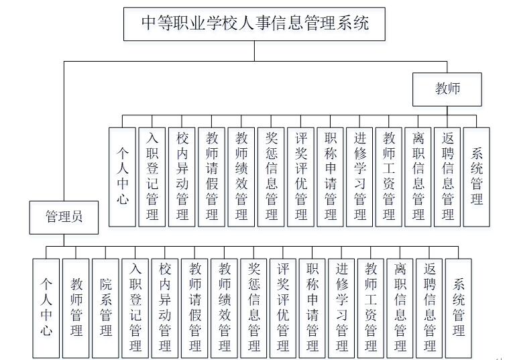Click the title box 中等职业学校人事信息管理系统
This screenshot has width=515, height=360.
pyautogui.click(x=255, y=25)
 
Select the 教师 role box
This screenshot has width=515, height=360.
pyautogui.click(x=447, y=88)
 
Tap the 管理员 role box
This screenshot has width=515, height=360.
pyautogui.click(x=64, y=217)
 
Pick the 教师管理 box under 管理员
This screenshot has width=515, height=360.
pyautogui.click(x=76, y=306)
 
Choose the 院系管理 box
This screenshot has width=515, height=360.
pyautogui.click(x=106, y=306)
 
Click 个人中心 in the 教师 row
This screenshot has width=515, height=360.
pyautogui.click(x=122, y=176)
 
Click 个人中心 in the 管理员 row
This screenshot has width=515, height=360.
pyautogui.click(x=46, y=306)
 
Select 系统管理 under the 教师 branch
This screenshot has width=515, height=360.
pyautogui.click(x=477, y=176)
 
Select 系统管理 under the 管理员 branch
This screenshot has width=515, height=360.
pyautogui.click(x=459, y=306)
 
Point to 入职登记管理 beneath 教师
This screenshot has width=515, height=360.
pyautogui.click(x=152, y=176)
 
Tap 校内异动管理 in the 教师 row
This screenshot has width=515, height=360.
pyautogui.click(x=182, y=176)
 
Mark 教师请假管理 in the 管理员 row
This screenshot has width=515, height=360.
pyautogui.click(x=195, y=306)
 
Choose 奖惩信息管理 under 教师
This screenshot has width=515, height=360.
pyautogui.click(x=271, y=176)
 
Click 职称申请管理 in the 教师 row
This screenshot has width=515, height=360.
pyautogui.click(x=330, y=176)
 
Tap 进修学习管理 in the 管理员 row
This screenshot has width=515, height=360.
pyautogui.click(x=342, y=306)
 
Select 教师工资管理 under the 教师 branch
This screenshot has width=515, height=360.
pyautogui.click(x=389, y=176)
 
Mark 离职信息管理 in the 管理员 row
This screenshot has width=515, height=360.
pyautogui.click(x=400, y=306)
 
